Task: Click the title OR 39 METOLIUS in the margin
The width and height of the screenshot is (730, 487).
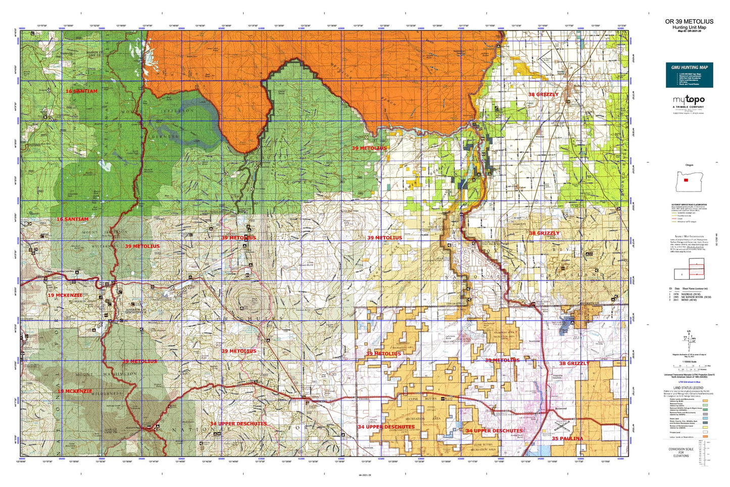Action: tap(689, 21)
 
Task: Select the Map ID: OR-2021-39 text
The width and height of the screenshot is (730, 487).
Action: tap(689, 31)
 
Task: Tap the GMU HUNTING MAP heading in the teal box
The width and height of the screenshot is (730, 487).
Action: tap(689, 67)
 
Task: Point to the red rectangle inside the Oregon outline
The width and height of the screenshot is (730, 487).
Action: tap(686, 180)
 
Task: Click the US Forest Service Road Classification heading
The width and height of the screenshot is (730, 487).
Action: tap(689, 204)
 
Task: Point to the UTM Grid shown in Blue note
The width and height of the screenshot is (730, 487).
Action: tap(689, 382)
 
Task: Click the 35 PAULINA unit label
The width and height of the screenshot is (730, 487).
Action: tap(567, 438)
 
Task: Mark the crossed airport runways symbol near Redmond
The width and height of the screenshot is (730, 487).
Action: tap(562, 425)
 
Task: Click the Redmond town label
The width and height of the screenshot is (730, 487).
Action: tap(561, 408)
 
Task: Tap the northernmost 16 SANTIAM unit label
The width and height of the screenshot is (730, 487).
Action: tap(81, 91)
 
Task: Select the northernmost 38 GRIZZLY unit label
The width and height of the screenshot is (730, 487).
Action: tap(543, 95)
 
